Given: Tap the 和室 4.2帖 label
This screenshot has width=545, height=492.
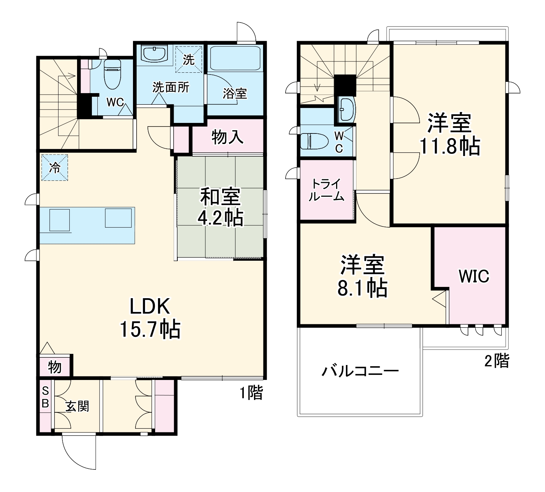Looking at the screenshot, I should [x=220, y=208].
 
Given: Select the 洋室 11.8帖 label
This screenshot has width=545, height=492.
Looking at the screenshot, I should [x=449, y=134].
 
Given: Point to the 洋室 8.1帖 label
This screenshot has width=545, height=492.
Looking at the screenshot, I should [x=362, y=276].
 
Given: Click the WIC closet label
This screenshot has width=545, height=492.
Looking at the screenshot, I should [x=474, y=276].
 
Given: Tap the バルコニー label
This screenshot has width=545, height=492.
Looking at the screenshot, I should [x=360, y=371].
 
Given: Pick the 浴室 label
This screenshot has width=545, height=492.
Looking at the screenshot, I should [x=235, y=94].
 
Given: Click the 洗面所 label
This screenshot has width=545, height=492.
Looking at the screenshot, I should [x=170, y=87].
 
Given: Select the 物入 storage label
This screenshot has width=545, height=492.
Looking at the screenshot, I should [x=227, y=137].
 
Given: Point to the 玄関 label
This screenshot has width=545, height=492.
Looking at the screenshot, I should [x=77, y=406].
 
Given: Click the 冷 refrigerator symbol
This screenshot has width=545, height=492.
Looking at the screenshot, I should [x=54, y=168].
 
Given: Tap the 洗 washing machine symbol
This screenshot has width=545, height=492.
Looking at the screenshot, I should [x=189, y=59].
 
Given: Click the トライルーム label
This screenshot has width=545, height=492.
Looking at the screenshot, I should [x=326, y=190].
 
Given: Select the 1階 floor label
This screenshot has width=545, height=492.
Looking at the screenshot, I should [x=251, y=393].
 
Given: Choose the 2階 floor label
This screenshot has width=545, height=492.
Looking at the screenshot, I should [x=497, y=361].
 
